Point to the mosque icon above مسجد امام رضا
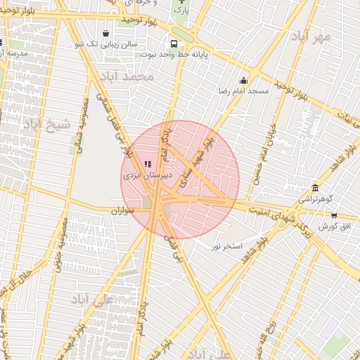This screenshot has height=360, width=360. pos(244,80)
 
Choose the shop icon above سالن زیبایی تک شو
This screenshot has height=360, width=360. pos(105,33)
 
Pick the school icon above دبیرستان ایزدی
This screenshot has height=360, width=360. pos(148,163)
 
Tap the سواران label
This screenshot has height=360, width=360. pos(122,210)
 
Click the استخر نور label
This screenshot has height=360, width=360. pos(226,246)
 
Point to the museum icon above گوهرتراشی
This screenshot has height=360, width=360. pos(314,188)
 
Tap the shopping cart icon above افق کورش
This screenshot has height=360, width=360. pos(334,216)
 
